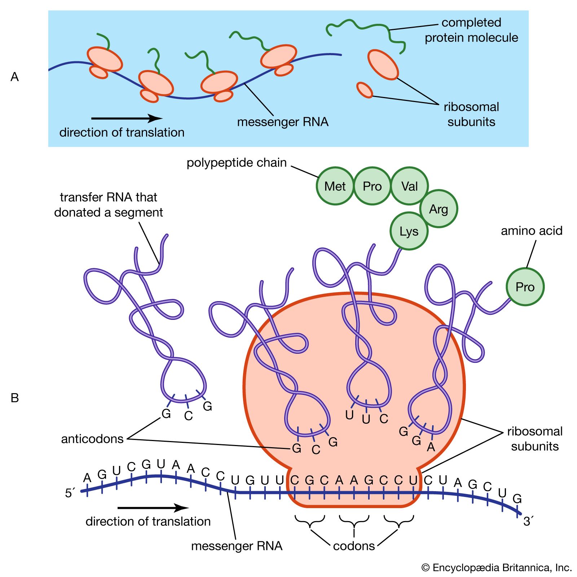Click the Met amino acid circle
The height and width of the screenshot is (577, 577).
tap(335, 186)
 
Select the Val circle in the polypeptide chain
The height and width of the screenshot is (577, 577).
tap(409, 186)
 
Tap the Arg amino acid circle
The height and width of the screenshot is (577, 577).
tap(439, 209)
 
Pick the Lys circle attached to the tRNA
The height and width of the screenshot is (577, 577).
tap(409, 231)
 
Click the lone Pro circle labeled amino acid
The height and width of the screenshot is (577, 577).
tap(525, 287)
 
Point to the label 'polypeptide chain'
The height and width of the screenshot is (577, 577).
tap(237, 163)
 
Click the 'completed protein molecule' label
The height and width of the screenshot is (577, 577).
tap(471, 30)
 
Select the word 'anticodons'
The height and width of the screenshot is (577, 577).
tap(92, 439)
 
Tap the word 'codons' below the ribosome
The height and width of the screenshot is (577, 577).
tap(354, 546)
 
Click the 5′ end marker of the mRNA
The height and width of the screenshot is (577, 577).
tap(70, 493)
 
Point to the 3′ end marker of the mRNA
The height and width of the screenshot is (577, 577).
tap(528, 521)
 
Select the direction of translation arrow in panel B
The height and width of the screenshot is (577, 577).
tap(153, 508)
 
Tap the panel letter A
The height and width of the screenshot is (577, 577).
tap(15, 77)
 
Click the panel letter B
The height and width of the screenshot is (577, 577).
tap(15, 398)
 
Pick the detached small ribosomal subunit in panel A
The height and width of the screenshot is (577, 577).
tap(365, 90)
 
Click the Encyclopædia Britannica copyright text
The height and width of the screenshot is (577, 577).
tap(497, 568)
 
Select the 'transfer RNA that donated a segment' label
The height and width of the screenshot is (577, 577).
tap(109, 205)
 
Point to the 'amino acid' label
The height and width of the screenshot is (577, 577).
tap(532, 230)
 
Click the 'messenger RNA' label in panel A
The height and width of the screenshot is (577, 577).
tap(283, 122)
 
